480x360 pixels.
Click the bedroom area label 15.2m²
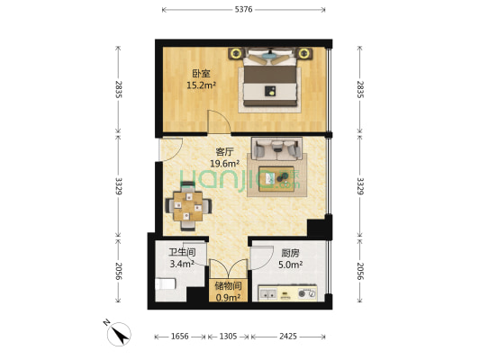click(x=201, y=85)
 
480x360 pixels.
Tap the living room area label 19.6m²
click(x=224, y=164)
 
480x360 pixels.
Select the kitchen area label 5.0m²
click(x=291, y=265)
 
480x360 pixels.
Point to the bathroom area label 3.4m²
click(x=182, y=264)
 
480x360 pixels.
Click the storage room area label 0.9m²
click(x=228, y=297)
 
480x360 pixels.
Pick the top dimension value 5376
click(x=244, y=10)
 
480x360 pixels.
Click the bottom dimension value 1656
click(x=180, y=337)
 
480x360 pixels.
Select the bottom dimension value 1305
click(x=228, y=337)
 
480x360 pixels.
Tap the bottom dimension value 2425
click(x=288, y=337)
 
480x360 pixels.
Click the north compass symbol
click(x=119, y=334)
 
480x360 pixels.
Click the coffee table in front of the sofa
click(x=276, y=179)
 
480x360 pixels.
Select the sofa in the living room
click(x=276, y=148)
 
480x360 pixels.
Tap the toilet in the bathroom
click(x=166, y=283)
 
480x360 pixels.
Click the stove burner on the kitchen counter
click(x=307, y=293)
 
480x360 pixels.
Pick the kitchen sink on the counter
click(x=267, y=294)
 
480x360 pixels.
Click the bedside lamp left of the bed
click(x=236, y=53)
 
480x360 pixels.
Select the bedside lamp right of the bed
click(x=303, y=53)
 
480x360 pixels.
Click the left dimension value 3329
click(x=119, y=186)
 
